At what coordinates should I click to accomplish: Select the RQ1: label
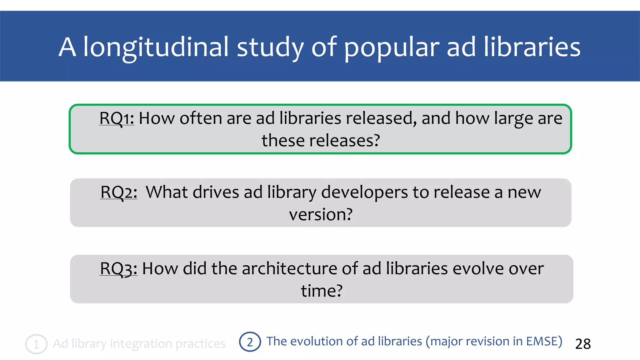[x=117, y=118]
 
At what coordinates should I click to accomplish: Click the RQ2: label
[x=119, y=192]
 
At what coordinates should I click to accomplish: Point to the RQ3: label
[x=118, y=268]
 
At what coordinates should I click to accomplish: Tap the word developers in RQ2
[x=364, y=192]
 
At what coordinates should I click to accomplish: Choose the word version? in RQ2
[x=321, y=214]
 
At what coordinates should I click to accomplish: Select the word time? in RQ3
[x=322, y=291]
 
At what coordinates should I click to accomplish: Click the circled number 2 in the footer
[x=250, y=342]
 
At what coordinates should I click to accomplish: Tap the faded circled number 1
[x=36, y=344]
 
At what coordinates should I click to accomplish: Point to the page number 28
[x=583, y=344]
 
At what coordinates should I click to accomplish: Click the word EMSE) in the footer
[x=544, y=341]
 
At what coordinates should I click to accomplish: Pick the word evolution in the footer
[x=317, y=341]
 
